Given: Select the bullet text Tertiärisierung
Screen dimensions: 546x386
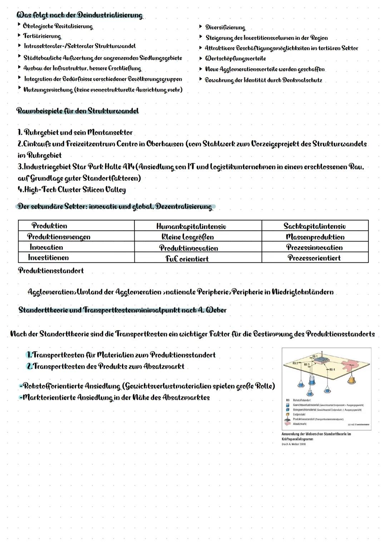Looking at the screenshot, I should point(42,36).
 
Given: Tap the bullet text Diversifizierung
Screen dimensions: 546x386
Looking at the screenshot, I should point(225,28).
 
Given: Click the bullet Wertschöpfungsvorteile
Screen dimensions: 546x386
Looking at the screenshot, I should point(235,58).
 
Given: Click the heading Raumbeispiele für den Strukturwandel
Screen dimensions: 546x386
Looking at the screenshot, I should point(78,111).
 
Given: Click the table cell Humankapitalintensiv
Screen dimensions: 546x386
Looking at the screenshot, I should point(191,226).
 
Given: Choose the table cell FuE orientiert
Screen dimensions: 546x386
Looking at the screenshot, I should point(187,258).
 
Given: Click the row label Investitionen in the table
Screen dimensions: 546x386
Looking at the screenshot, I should point(48,257).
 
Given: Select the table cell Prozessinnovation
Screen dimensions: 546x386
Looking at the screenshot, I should point(314,247).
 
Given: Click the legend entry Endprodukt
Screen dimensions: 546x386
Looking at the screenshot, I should point(300,414).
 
